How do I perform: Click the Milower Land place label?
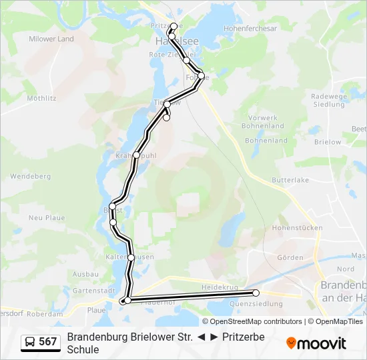click(x=51, y=39)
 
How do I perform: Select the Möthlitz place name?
click(x=40, y=98)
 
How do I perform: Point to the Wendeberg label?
click(x=30, y=177)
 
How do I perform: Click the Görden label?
click(x=290, y=257)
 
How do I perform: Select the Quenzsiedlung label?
click(x=256, y=304)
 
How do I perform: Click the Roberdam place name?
click(x=45, y=313)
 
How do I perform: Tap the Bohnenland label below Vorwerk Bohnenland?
click(x=266, y=141)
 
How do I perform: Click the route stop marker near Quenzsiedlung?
click(x=256, y=293)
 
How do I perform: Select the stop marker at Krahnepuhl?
click(x=136, y=155)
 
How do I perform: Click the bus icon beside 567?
click(x=31, y=342)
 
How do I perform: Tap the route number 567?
click(x=48, y=342)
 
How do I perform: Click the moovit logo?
click(x=316, y=343)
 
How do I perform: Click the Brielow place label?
click(x=327, y=142)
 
